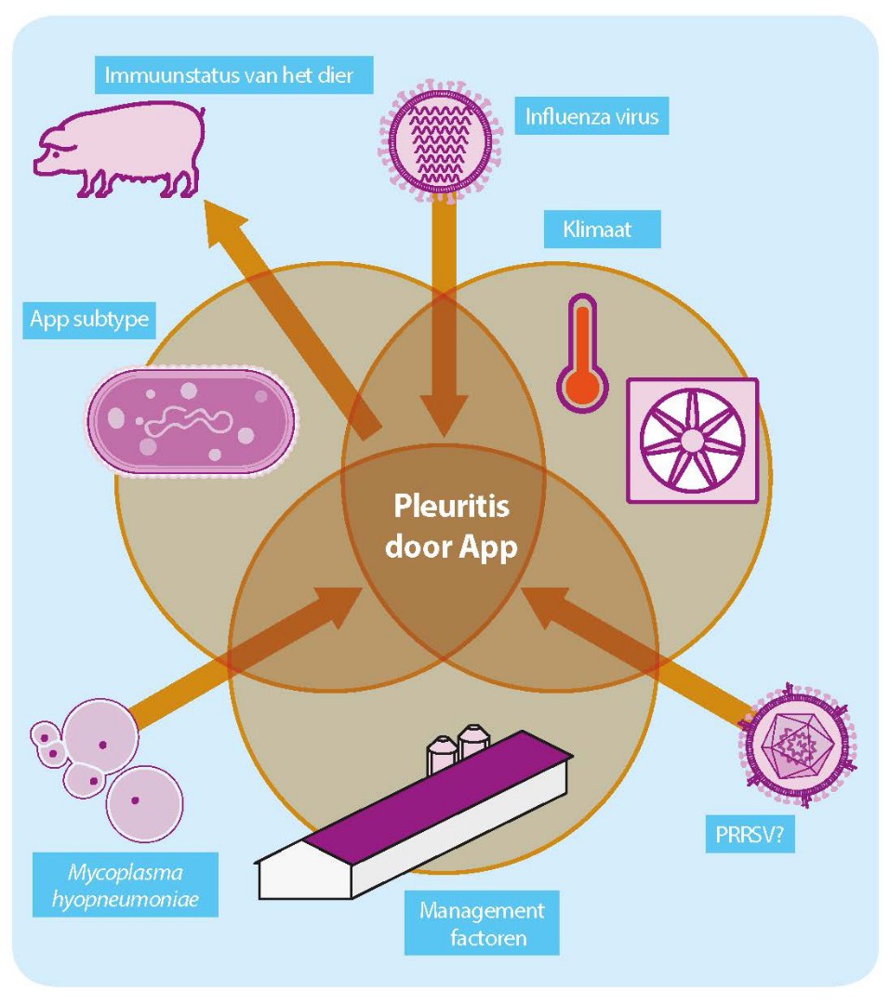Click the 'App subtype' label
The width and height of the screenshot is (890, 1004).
click(x=88, y=320)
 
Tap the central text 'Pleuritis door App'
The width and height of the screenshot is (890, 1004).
click(x=454, y=528)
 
